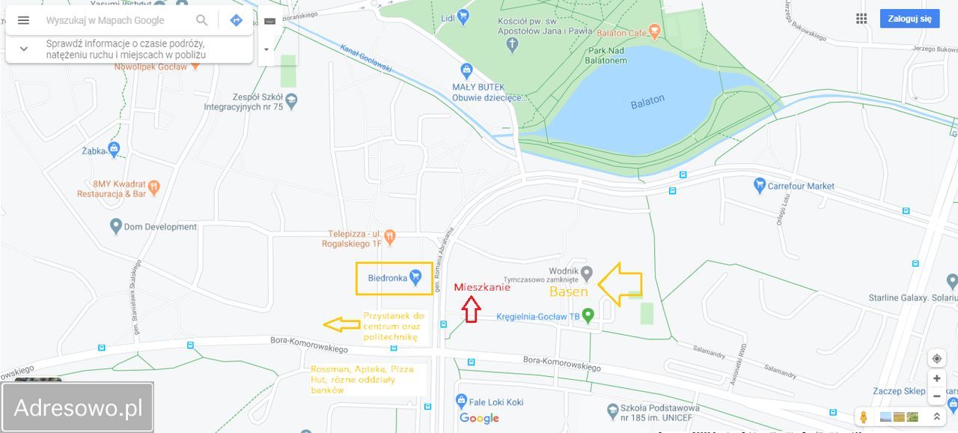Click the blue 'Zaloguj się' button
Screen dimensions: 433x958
(x=909, y=19)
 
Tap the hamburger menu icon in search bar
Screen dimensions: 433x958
(x=23, y=20)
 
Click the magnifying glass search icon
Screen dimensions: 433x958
(x=202, y=20)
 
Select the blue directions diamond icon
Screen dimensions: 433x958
(x=236, y=20)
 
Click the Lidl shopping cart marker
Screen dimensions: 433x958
(x=464, y=16)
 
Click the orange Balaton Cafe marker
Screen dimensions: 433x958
(x=655, y=31)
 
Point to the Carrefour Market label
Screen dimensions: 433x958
(x=801, y=186)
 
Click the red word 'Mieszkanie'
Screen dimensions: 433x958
(x=482, y=287)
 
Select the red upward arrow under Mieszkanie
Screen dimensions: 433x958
(x=471, y=309)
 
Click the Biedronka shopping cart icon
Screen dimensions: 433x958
(x=416, y=278)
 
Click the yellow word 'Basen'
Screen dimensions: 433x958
(x=569, y=291)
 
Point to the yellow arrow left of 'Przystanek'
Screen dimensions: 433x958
(x=341, y=324)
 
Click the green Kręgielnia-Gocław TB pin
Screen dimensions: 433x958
(x=588, y=315)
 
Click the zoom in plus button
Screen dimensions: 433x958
(x=936, y=379)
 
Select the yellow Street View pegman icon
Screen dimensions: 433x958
(x=864, y=417)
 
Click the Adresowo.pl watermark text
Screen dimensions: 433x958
(x=78, y=408)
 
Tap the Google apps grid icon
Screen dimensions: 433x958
(x=861, y=19)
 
